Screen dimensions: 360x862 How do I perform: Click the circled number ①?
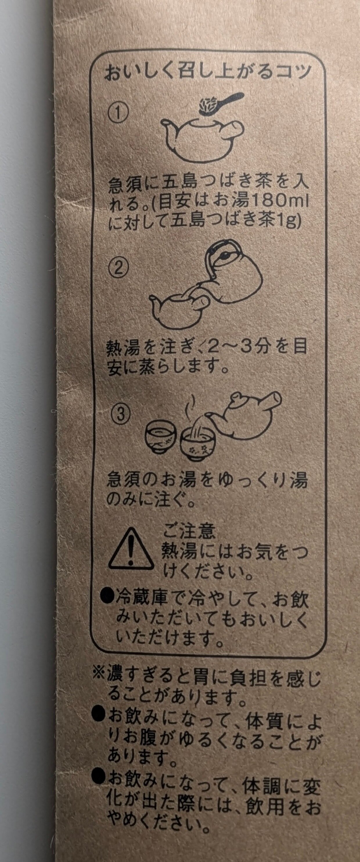coord(118,113)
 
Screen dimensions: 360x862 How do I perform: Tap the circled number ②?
coord(118,267)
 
